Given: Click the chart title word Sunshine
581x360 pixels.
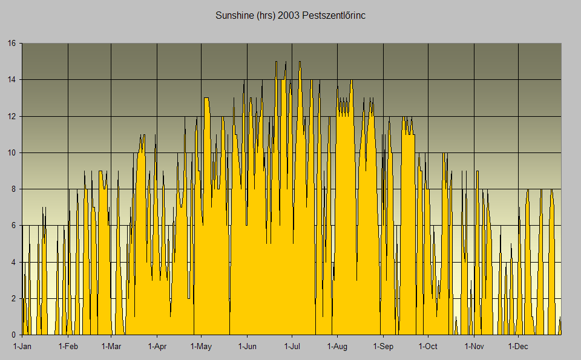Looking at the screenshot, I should [235, 15].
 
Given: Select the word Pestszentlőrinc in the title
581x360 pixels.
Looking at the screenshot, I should [335, 15].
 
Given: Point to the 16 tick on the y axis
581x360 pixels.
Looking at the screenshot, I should [11, 43].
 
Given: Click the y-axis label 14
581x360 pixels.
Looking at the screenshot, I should [11, 79].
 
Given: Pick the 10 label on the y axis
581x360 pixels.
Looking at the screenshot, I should [11, 152].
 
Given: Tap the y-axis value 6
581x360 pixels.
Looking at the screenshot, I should [13, 226].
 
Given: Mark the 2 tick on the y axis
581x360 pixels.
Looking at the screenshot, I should [13, 298].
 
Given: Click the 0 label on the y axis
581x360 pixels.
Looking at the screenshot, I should [13, 335].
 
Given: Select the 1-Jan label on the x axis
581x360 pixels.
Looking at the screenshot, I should [22, 347].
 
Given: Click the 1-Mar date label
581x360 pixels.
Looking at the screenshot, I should [111, 347].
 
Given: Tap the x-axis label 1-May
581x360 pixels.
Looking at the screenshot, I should [201, 347].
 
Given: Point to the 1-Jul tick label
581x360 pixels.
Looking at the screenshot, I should [292, 347].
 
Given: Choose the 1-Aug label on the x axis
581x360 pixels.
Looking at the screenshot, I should [337, 347].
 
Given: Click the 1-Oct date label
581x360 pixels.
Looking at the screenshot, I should [428, 347].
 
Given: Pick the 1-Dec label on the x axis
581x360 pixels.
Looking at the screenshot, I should [518, 347].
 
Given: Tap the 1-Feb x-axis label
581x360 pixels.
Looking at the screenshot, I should [68, 347].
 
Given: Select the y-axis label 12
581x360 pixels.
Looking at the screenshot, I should [11, 116].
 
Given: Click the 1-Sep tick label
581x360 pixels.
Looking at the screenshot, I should [382, 347].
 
